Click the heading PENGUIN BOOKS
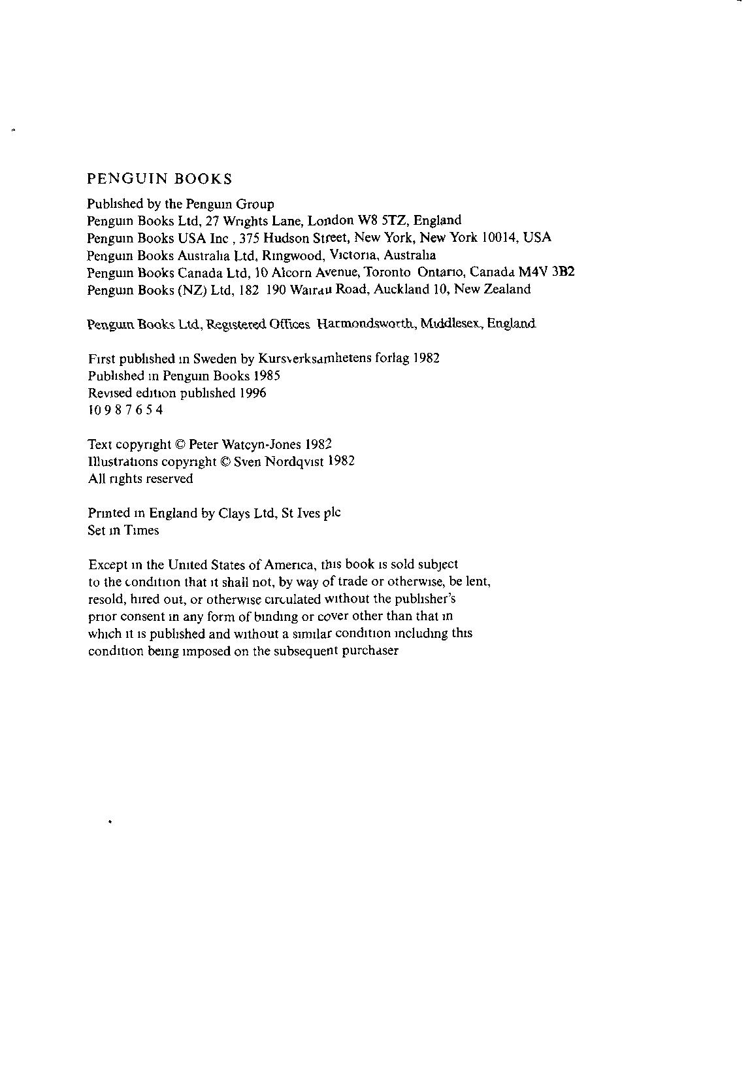160,178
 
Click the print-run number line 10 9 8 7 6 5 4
125,410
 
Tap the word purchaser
370,652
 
